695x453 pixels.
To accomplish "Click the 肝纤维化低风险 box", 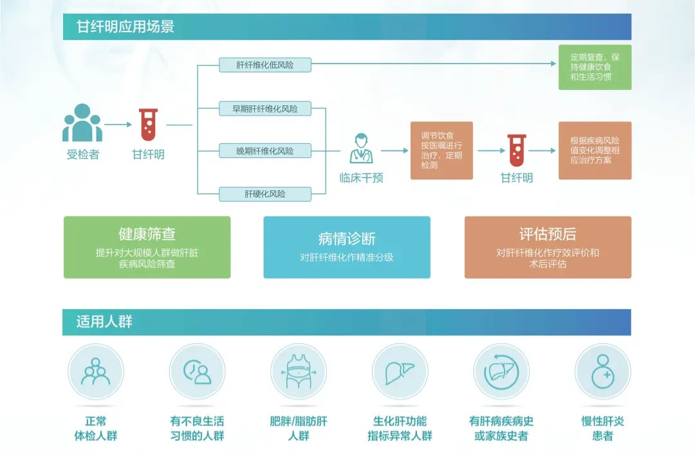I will (264, 65).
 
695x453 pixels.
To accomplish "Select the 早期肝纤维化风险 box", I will (264, 109).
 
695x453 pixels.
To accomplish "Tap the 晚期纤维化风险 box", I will (264, 151).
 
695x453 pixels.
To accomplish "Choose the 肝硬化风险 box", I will (264, 193).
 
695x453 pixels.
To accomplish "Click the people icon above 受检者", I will (82, 123).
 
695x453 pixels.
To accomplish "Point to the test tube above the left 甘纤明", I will (148, 125).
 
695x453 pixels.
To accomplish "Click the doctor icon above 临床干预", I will (361, 148).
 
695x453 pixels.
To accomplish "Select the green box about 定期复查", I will (595, 67).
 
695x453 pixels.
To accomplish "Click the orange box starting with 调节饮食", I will (441, 150).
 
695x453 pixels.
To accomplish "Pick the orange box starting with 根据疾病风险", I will (595, 150).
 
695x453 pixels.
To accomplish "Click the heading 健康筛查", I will (147, 234).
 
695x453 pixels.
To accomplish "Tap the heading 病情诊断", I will (347, 239).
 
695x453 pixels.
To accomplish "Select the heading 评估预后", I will (548, 234).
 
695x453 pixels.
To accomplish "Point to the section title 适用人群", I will (104, 321).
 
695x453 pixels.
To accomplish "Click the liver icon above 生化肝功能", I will (400, 372).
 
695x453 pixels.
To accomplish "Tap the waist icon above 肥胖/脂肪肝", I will (298, 372).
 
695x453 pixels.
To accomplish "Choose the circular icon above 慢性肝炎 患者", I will (602, 372).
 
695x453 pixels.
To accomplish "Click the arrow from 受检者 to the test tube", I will (118, 125).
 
